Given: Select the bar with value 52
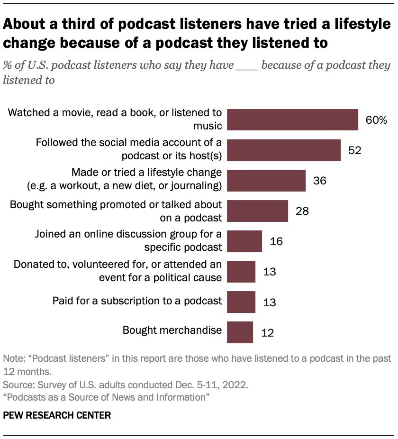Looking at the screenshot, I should coord(284,150).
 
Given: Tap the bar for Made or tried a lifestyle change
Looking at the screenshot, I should coord(266,180).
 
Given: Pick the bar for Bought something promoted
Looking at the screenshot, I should coord(258,210).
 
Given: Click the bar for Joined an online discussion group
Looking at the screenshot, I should coord(244,241).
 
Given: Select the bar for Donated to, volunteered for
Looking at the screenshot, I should coord(241,272).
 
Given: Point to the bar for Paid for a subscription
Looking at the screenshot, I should coord(241,302).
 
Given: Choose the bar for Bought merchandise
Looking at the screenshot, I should coord(240,332).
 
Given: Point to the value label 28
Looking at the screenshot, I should coord(302,211).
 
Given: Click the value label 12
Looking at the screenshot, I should coord(267,332).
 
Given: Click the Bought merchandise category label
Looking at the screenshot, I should coord(172,330).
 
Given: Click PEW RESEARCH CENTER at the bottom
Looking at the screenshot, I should coord(57,415).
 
